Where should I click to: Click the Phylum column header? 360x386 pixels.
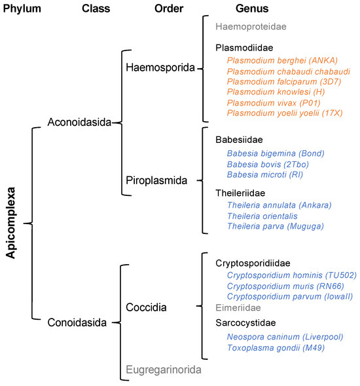[24, 9]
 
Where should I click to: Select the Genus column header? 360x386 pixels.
[252, 9]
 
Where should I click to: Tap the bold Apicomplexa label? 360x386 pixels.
[11, 223]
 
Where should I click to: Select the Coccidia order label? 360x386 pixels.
[147, 307]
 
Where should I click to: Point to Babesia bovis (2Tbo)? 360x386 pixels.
[265, 163]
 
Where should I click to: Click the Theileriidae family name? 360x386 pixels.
[243, 193]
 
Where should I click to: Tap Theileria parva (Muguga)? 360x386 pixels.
[275, 226]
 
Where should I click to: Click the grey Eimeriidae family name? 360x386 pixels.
[238, 307]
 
